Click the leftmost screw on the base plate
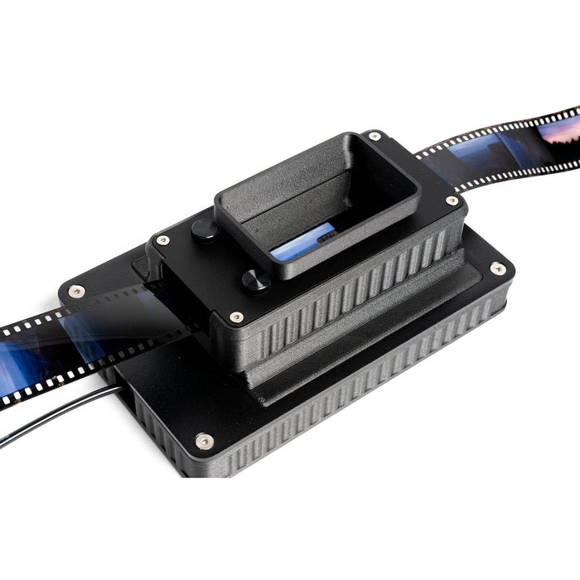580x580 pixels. tap(76, 291)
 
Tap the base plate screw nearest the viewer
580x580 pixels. tap(204, 440)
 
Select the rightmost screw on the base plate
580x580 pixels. tap(497, 268)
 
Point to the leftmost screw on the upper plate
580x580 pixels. tap(163, 240)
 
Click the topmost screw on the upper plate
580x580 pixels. tap(375, 135)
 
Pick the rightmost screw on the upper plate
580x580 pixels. tap(452, 201)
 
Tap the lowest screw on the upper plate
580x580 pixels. tap(236, 317)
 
